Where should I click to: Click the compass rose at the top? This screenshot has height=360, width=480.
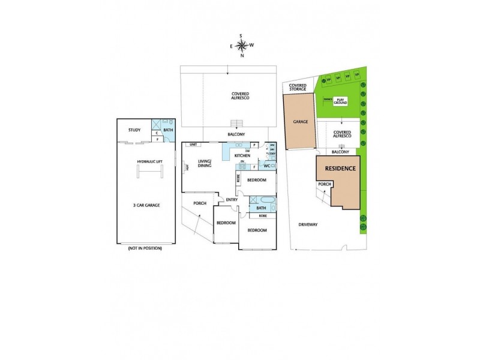[241, 45]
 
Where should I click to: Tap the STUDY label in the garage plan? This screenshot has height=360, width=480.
[134, 129]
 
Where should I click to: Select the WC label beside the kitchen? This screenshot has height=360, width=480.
[267, 166]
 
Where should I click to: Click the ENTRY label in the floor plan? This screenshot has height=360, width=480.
[232, 200]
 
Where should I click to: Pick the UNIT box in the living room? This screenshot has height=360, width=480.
[193, 145]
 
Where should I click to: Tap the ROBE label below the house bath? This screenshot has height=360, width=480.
[262, 215]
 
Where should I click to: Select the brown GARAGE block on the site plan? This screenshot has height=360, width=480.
[301, 122]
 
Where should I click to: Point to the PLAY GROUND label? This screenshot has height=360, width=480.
[341, 101]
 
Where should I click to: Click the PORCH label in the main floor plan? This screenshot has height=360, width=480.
[200, 203]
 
